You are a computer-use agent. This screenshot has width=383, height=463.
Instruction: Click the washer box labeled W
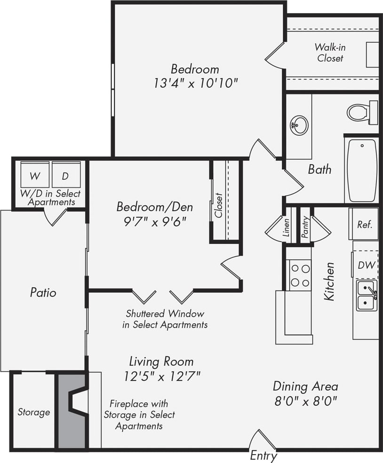point(35,176)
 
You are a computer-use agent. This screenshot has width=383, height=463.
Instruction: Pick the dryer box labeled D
point(66,176)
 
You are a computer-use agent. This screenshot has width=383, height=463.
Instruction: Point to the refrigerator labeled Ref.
point(365,224)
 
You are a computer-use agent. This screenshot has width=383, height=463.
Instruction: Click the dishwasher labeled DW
point(366,265)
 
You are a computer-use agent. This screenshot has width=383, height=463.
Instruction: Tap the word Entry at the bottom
point(263,455)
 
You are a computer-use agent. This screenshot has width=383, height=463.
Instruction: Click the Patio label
point(43,292)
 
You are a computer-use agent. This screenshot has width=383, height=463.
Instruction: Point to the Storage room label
point(33,412)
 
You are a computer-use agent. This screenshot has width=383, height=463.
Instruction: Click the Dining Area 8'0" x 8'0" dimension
point(305,401)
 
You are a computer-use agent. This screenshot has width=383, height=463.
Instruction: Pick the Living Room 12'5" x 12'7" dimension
point(161,376)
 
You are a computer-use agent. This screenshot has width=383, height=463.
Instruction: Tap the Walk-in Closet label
point(330,53)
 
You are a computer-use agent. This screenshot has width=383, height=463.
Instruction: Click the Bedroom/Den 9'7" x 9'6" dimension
point(155,220)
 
